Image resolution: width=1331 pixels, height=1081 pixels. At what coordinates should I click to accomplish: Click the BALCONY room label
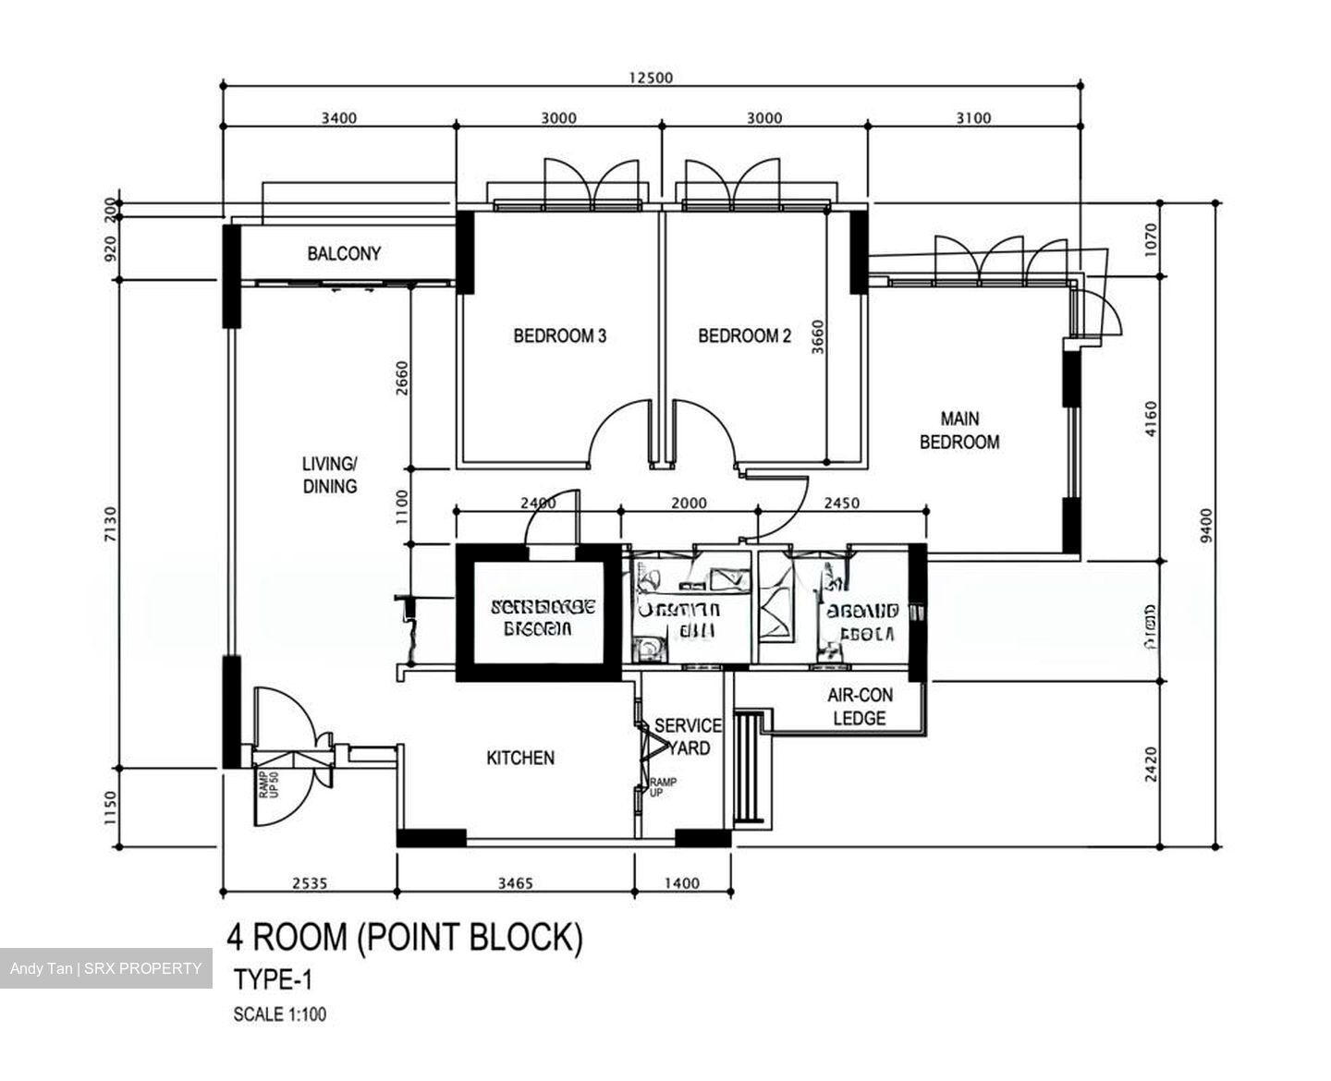point(344,253)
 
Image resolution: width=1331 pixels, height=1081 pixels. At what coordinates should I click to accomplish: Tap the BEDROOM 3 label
point(559,336)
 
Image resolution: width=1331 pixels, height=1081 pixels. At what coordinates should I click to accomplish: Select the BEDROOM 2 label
point(744,336)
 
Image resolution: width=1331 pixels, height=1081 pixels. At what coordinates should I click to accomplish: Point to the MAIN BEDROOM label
point(959,431)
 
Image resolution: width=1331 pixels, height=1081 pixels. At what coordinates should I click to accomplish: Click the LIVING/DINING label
point(329,475)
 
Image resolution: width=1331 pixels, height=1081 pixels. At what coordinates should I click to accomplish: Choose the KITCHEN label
point(520,758)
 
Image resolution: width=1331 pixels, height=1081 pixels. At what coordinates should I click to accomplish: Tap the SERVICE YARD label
point(688,736)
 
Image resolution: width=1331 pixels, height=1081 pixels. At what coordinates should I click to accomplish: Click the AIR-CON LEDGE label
point(859,707)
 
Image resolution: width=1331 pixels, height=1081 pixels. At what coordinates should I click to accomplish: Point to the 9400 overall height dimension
point(1203,527)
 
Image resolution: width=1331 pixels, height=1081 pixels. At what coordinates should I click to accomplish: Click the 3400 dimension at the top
point(338,117)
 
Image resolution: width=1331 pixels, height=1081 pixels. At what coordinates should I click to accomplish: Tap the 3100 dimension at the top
point(973,117)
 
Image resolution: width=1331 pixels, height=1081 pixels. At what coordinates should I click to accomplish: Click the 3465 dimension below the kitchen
point(515,883)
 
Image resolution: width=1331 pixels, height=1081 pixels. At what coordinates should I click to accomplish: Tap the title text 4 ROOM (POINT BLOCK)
point(405,938)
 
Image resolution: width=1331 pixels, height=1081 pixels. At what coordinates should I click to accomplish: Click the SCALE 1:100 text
point(279,1014)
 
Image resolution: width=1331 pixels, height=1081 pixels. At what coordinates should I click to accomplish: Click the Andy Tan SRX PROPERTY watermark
point(105,968)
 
